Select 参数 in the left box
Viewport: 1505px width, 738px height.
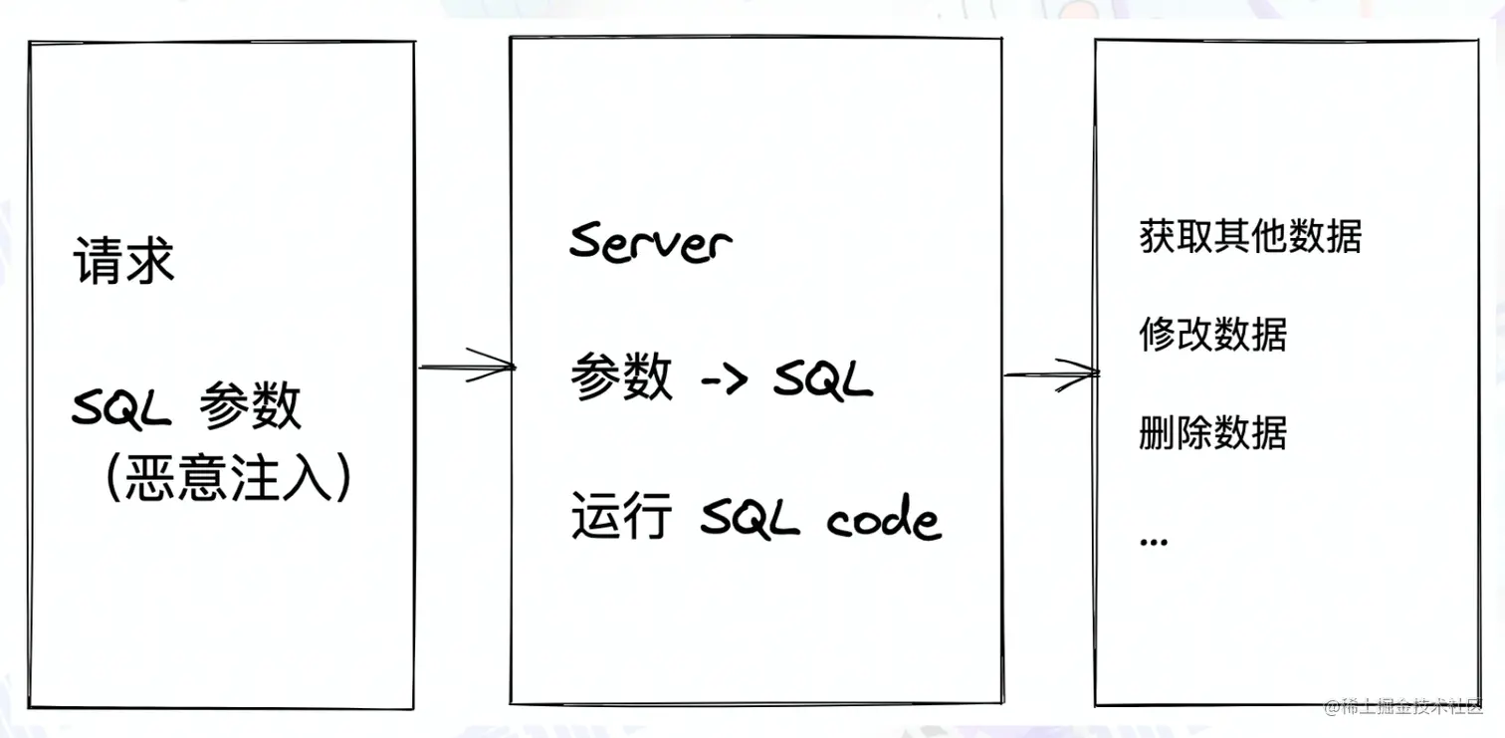[250, 406]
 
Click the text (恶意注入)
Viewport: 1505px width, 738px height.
[228, 479]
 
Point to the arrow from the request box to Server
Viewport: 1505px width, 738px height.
[465, 367]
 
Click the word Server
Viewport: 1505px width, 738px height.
[650, 242]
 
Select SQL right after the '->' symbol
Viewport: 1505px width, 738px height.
[822, 379]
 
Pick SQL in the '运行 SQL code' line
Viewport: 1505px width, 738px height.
[750, 519]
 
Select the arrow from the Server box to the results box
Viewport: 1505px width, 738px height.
[1050, 373]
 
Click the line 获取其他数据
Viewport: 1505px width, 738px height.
[1250, 236]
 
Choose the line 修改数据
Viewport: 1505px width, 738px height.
[1212, 335]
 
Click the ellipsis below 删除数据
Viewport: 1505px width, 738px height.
[1153, 541]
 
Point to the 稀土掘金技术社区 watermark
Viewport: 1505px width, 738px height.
[1403, 707]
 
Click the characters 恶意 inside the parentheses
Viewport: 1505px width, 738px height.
[164, 479]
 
